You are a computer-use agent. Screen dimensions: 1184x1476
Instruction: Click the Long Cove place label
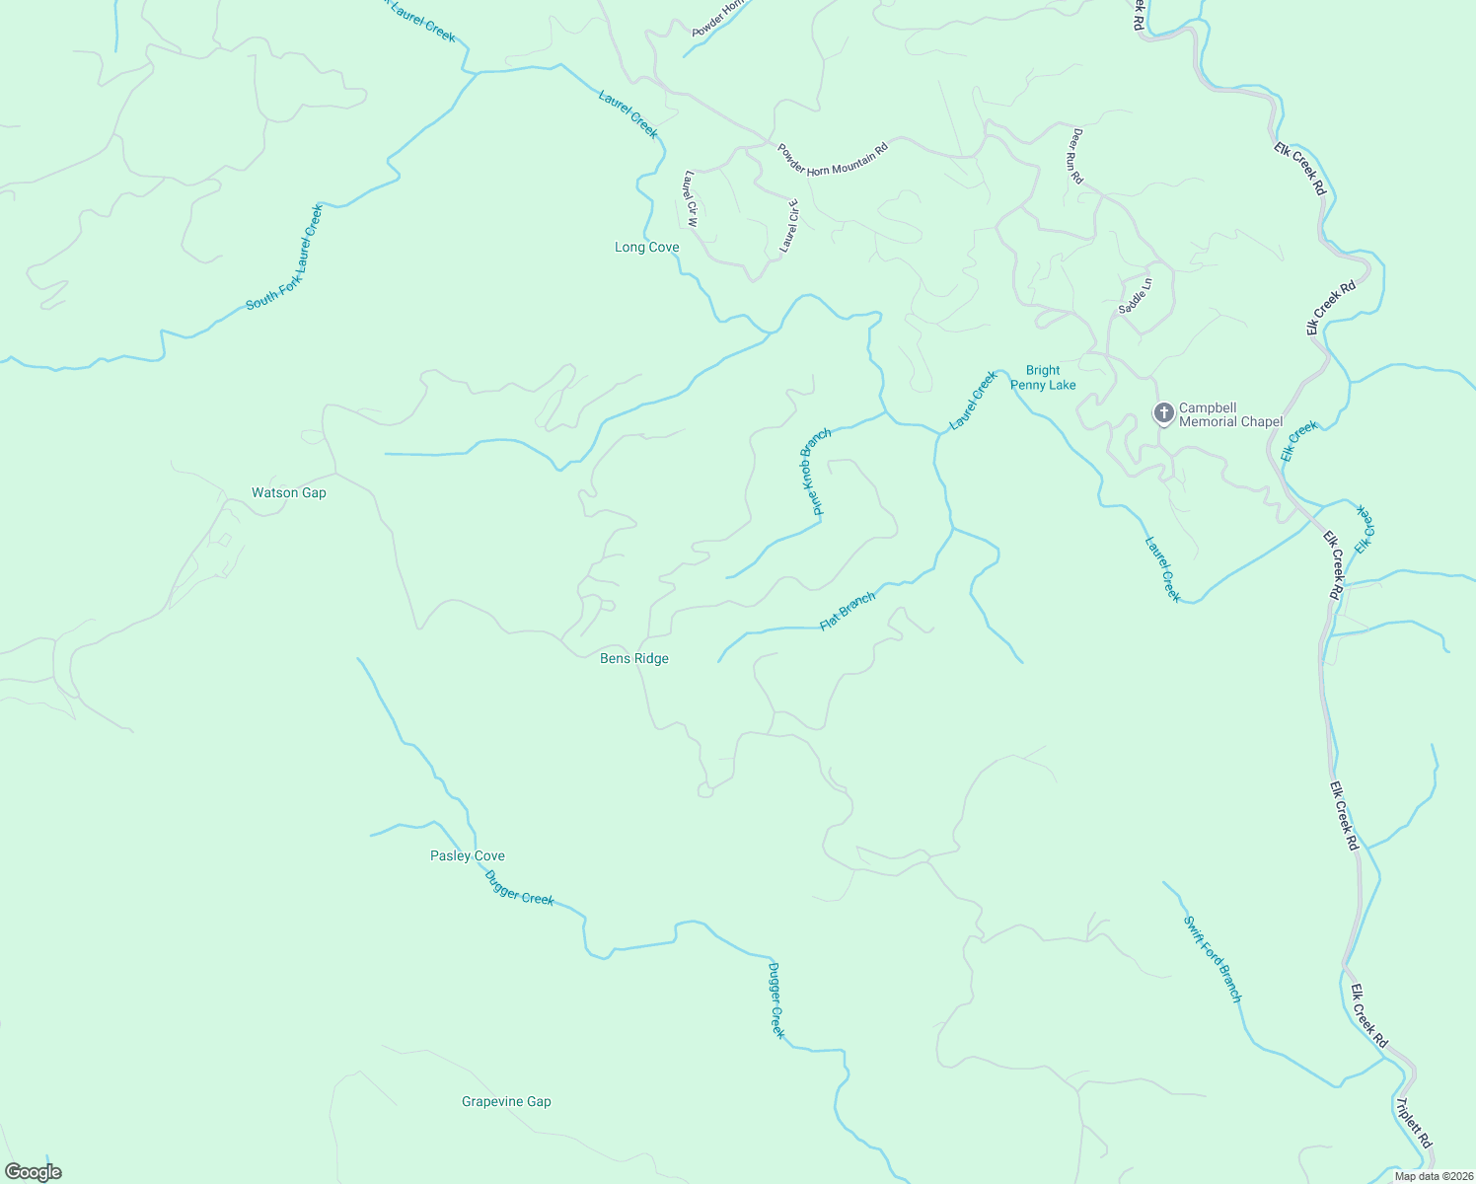[x=646, y=247]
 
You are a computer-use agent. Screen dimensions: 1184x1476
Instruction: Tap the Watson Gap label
[x=288, y=492]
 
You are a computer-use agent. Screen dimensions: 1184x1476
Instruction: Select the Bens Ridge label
[x=634, y=658]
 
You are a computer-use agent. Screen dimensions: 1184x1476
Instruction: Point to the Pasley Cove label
[x=468, y=855]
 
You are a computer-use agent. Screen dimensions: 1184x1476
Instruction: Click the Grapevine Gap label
[x=506, y=1101]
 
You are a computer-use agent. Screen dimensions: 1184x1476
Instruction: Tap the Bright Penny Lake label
[x=1043, y=378]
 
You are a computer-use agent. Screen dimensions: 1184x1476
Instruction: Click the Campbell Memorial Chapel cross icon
[x=1164, y=412]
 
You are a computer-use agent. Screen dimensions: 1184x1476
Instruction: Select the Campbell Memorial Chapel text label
[x=1231, y=414]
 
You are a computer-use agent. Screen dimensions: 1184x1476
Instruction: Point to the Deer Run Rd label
[x=1077, y=156]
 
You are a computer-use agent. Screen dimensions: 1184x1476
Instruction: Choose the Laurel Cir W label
[x=691, y=199]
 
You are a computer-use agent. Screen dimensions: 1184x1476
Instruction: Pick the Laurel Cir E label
[x=789, y=226]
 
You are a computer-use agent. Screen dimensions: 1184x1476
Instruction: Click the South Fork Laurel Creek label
[x=284, y=258]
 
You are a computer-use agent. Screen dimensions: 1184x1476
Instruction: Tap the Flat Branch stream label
[x=848, y=612]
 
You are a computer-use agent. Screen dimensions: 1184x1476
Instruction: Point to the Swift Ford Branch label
[x=1213, y=958]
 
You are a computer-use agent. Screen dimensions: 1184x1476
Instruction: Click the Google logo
[x=33, y=1172]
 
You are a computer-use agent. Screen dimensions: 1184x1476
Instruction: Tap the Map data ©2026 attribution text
[x=1432, y=1176]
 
